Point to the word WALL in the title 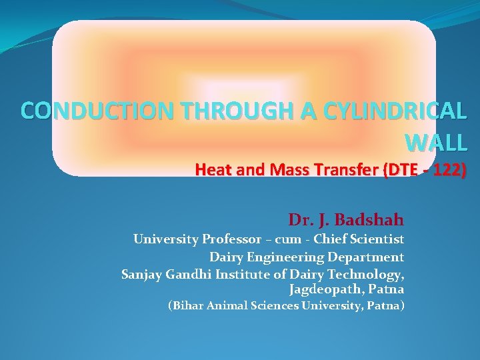click(x=436, y=142)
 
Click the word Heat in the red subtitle click(x=212, y=170)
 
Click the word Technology click(x=369, y=273)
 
